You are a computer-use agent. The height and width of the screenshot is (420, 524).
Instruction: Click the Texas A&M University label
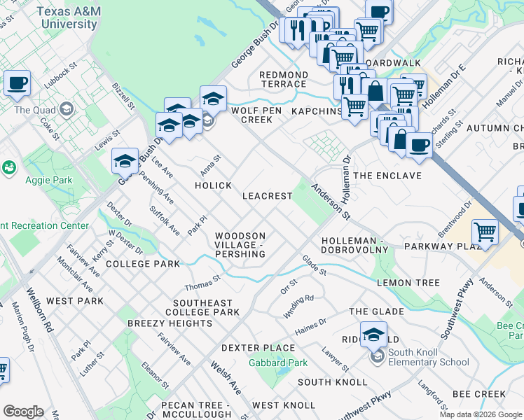(x=67, y=17)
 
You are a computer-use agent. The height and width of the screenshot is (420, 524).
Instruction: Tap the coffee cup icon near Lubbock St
(x=17, y=83)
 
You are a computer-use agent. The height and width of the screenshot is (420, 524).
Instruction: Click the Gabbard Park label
(x=278, y=363)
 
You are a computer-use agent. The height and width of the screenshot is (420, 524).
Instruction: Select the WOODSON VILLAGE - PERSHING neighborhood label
(x=240, y=245)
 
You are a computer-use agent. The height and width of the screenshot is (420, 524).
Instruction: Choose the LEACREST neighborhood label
(x=267, y=196)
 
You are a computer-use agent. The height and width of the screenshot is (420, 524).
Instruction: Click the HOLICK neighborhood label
(x=213, y=185)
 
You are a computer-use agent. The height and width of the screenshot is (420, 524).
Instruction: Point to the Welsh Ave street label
(x=225, y=377)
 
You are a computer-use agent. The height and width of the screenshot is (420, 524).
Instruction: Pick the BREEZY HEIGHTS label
(x=170, y=323)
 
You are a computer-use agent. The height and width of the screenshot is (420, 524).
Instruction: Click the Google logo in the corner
(x=23, y=412)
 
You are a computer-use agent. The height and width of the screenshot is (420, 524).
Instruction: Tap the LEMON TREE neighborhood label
(x=408, y=283)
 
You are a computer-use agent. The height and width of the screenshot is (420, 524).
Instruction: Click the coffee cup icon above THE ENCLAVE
(x=419, y=145)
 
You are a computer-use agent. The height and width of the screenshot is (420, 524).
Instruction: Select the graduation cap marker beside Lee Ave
(x=125, y=162)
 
